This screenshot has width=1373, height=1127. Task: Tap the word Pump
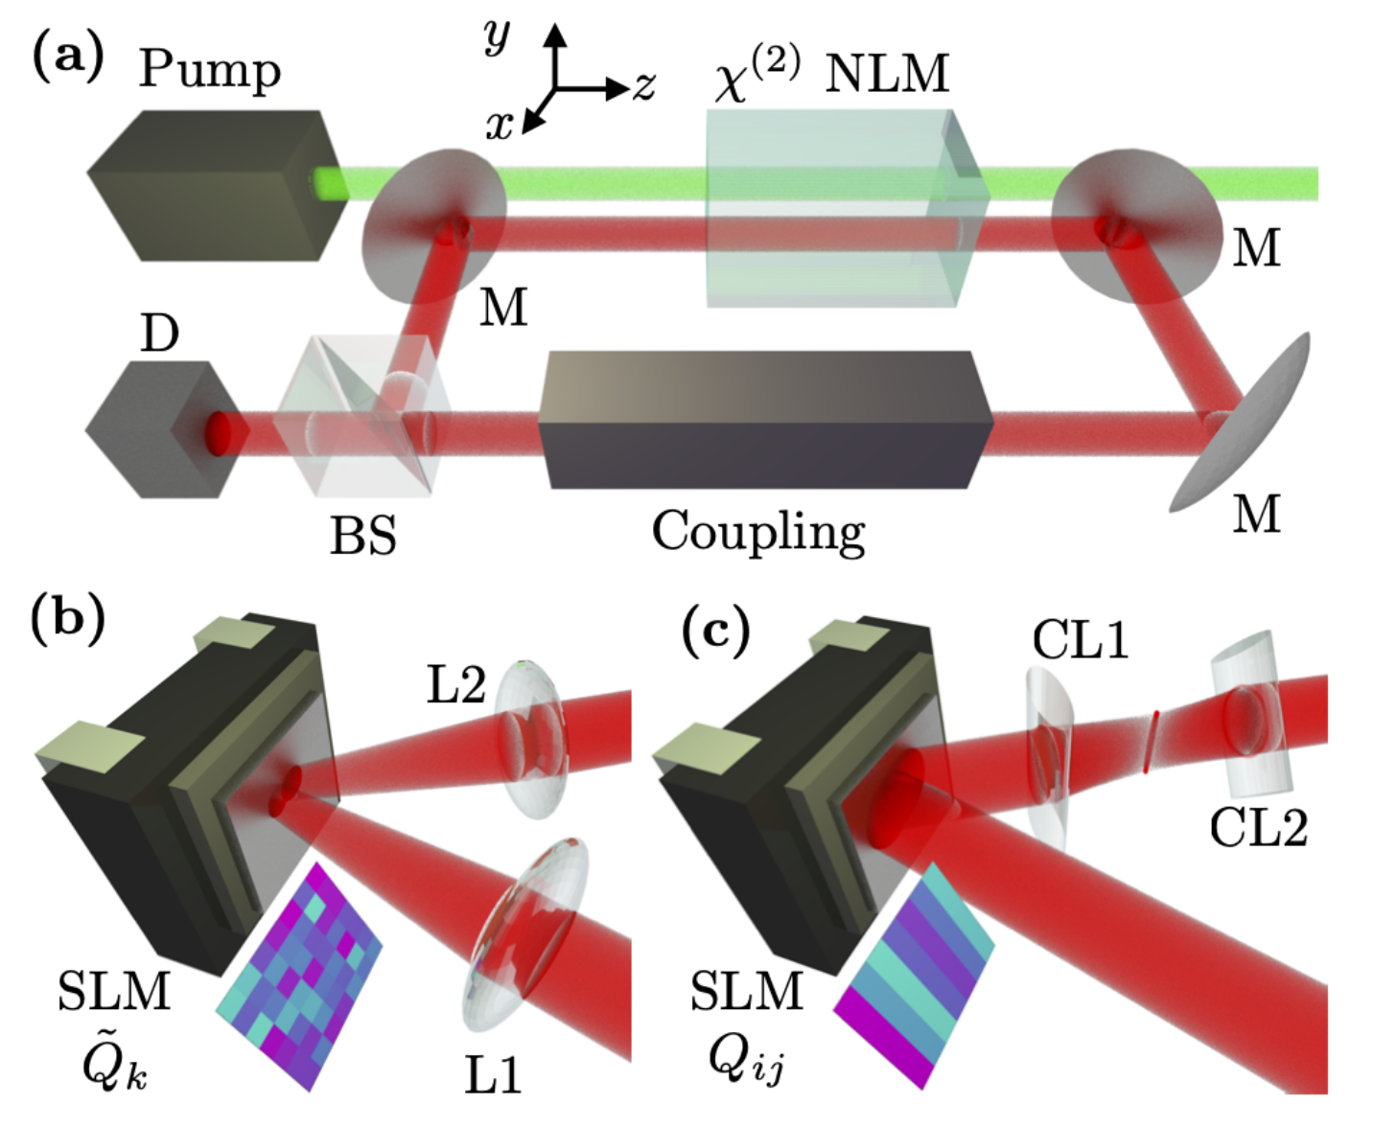209,69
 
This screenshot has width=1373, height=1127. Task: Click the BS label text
362,535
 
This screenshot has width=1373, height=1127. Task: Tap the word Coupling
757,530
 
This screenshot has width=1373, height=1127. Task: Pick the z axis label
643,87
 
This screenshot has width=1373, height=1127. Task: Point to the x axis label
499,124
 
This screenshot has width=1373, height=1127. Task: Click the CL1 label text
1080,640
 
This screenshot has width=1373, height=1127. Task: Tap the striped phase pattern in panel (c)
915,973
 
